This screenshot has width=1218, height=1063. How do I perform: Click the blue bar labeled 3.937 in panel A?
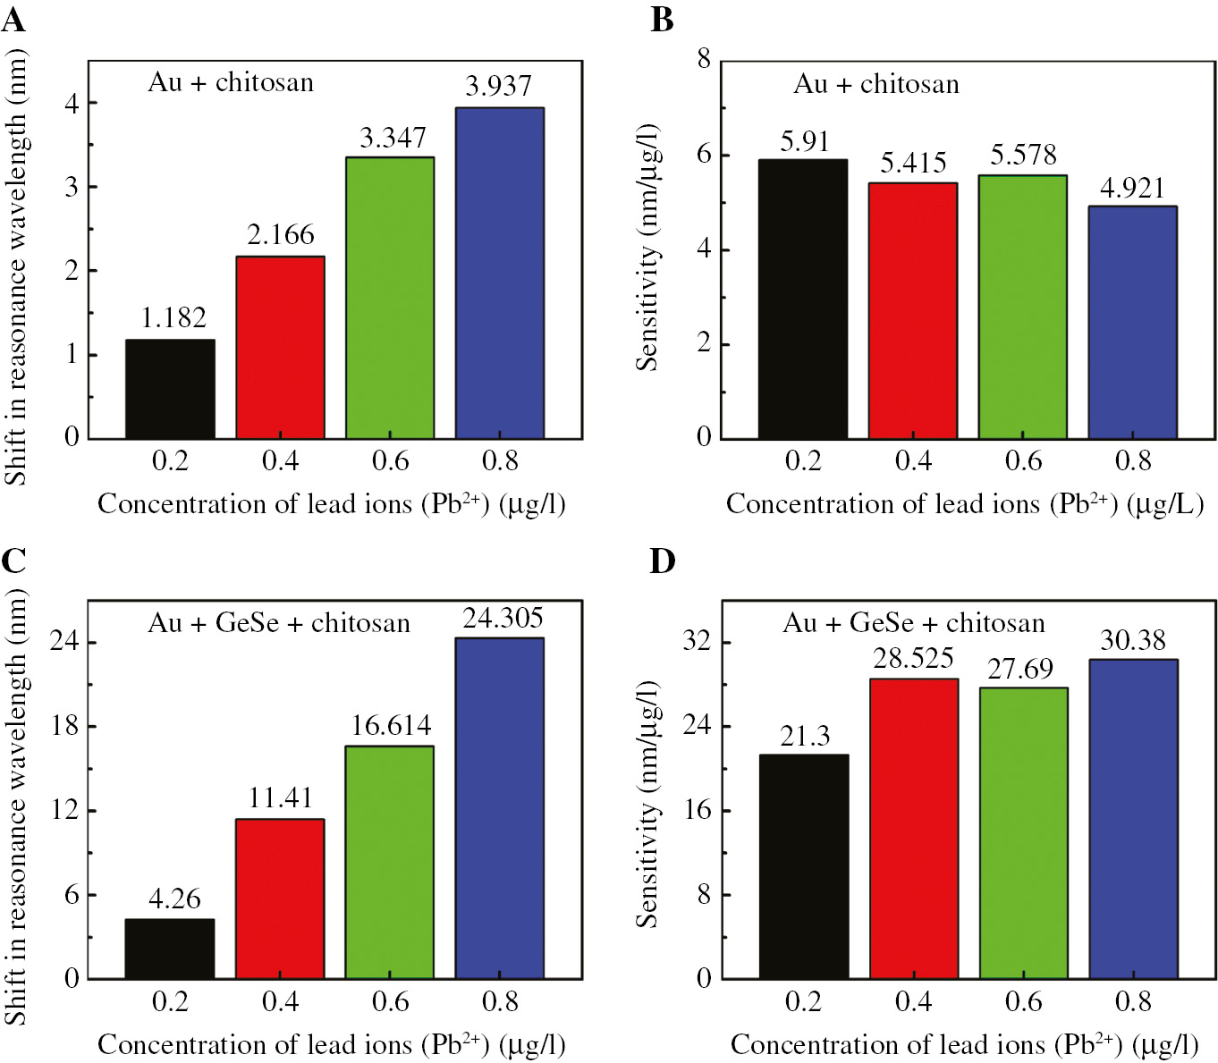(x=500, y=273)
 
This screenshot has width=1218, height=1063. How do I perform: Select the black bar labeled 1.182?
(x=170, y=389)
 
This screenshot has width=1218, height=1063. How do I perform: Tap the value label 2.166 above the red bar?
(x=281, y=235)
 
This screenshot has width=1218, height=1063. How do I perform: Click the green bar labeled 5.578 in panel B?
(x=1022, y=307)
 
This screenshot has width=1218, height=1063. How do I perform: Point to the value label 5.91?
(x=805, y=142)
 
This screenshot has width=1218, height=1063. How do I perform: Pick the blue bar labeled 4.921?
(x=1132, y=322)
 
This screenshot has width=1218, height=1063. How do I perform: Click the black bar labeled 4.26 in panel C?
(x=170, y=949)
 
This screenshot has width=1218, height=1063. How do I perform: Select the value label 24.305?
(x=503, y=618)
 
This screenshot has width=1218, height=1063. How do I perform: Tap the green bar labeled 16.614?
(x=390, y=862)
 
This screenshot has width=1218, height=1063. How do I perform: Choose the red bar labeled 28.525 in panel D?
(x=913, y=828)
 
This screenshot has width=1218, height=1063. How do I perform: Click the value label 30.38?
(x=1133, y=640)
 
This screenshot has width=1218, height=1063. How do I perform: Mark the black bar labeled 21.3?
(x=803, y=866)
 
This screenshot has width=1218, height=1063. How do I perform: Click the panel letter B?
(x=662, y=19)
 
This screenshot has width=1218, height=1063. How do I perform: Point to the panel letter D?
(x=662, y=561)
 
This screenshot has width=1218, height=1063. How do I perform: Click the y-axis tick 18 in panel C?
(x=65, y=725)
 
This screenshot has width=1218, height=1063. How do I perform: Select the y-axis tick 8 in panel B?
(x=704, y=59)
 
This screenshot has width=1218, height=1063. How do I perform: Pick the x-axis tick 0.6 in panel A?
(x=390, y=460)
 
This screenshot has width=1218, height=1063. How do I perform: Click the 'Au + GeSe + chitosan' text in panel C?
(x=279, y=623)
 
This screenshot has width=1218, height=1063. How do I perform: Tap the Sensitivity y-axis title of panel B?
(x=647, y=248)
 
